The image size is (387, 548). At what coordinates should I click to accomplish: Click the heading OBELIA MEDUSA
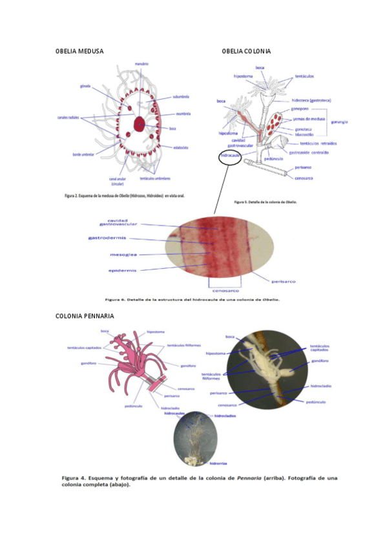pyautogui.click(x=79, y=51)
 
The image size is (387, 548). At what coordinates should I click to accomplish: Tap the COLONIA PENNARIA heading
pyautogui.click(x=85, y=316)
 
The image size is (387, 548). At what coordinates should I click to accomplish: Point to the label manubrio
pyautogui.click(x=142, y=64)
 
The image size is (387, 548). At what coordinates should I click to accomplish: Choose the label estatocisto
pyautogui.click(x=180, y=147)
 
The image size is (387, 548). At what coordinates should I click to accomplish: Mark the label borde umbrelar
pyautogui.click(x=82, y=155)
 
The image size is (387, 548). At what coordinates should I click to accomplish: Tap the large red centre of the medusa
pyautogui.click(x=139, y=123)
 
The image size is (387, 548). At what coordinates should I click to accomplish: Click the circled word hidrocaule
pyautogui.click(x=231, y=156)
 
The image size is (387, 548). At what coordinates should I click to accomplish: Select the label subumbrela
pyautogui.click(x=180, y=98)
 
